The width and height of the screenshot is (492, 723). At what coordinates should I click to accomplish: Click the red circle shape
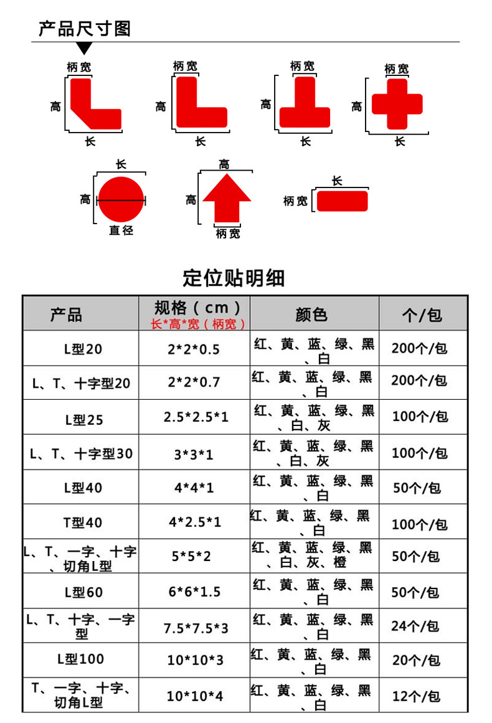coord(121,199)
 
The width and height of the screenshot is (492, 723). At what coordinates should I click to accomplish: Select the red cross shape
coord(397,103)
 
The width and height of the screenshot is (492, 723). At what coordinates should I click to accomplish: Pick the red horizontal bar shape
coord(342,201)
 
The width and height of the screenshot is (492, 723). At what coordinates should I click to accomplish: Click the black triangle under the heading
coord(85,48)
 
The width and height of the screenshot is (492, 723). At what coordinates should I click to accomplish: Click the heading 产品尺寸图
coord(85,28)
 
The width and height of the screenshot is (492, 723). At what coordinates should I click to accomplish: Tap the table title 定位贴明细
coord(234,278)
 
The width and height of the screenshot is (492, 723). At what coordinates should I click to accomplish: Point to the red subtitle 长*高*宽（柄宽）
coord(198,324)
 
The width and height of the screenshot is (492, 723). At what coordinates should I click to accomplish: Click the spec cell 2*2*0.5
coord(194,349)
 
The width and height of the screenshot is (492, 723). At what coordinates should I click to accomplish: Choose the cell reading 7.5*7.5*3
coord(196,628)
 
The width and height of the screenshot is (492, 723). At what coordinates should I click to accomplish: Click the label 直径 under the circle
coord(121,230)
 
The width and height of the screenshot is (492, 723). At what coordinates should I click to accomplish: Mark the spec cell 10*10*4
coord(194,695)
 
